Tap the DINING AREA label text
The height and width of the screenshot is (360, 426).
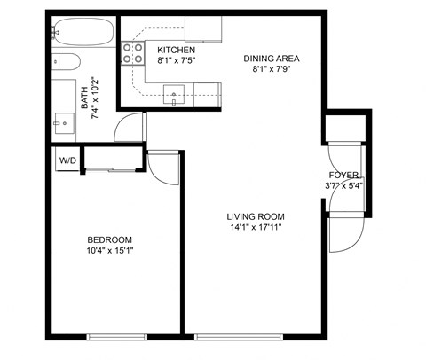coord(272,59)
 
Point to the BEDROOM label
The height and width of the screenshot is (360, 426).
coord(109,239)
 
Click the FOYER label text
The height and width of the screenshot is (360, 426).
coord(343,175)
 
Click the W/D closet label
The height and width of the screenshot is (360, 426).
coord(67,160)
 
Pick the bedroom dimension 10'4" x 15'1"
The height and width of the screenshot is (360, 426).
coord(109,251)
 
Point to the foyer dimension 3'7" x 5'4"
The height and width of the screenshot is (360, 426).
coord(343,186)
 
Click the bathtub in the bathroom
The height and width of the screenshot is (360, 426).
coord(82,34)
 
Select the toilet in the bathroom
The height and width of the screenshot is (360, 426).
coord(65,62)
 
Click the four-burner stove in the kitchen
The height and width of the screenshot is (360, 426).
coord(133,53)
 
